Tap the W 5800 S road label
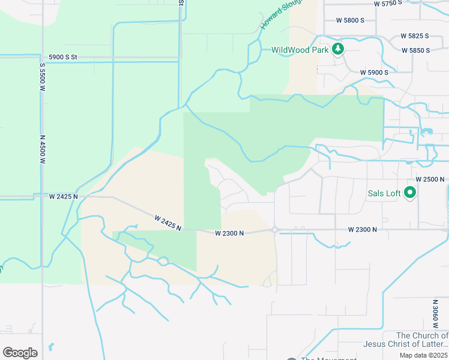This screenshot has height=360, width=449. tap(350, 20)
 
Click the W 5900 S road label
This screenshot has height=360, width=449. tap(374, 73)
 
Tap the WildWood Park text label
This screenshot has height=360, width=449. tap(300, 50)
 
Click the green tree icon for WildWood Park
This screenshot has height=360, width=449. tap(339, 49)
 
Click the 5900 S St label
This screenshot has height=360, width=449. tap(63, 58)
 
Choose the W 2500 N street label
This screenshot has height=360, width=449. tap(430, 179)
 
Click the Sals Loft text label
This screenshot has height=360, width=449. tap(385, 193)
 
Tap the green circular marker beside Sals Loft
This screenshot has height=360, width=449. tap(411, 193)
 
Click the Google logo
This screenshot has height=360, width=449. tap(20, 352)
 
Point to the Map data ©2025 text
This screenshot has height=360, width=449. tap(423, 355)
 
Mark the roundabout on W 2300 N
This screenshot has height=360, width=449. tap(274, 229)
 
